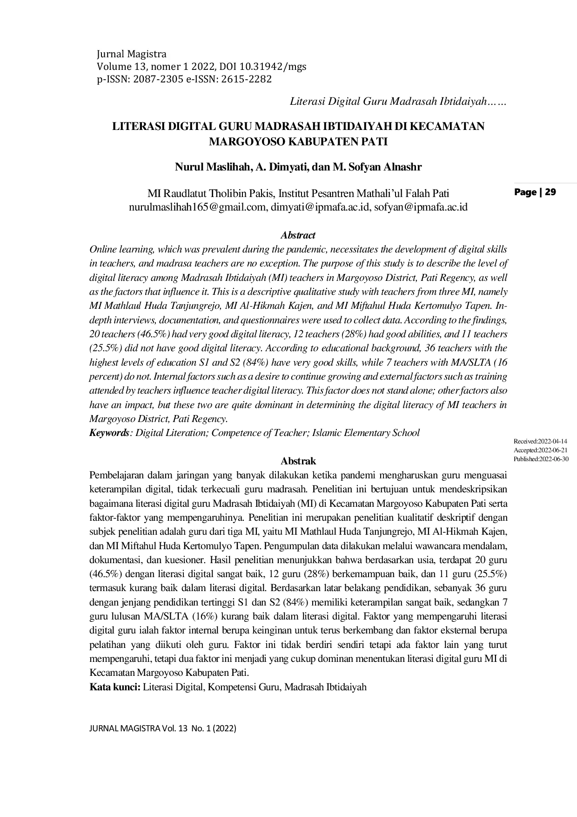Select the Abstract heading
coord(298,235)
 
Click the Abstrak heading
coord(298,461)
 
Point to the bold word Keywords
coord(109,433)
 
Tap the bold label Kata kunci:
coord(115,687)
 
